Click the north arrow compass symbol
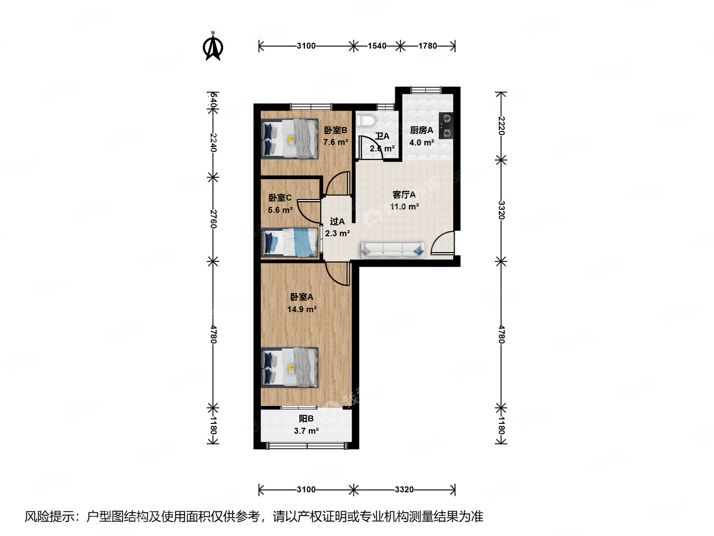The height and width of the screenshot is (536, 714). [x=213, y=47]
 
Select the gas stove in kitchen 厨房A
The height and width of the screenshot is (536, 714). [x=446, y=126]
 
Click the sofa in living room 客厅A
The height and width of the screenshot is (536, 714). [x=393, y=250]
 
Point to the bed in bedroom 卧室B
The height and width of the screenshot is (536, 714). [x=290, y=139]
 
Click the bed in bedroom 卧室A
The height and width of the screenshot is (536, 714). [x=290, y=367]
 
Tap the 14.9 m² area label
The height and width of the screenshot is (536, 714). [x=301, y=309]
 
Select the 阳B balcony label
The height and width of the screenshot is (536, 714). [x=306, y=419]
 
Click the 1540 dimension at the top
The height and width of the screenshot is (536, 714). [x=377, y=46]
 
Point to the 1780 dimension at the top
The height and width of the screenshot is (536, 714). [x=427, y=46]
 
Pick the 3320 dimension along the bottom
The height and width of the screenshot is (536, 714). [x=404, y=490]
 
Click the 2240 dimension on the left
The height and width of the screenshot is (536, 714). [x=213, y=143]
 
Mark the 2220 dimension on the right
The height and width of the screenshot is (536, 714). [x=501, y=126]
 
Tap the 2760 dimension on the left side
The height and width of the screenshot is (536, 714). [x=213, y=219]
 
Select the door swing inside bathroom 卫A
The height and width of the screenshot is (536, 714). [x=370, y=148]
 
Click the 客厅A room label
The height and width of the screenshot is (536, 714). [x=404, y=195]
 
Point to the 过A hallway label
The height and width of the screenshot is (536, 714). [x=337, y=221]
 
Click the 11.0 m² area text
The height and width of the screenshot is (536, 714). [x=404, y=207]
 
